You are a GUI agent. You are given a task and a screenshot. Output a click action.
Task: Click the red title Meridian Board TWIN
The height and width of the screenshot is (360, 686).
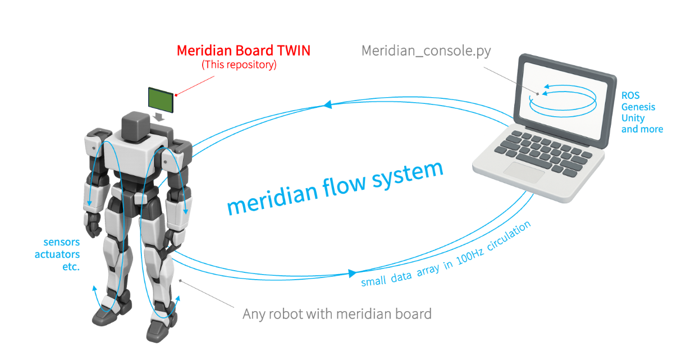point(243,51)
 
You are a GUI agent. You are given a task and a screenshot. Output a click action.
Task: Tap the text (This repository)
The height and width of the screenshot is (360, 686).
point(239,65)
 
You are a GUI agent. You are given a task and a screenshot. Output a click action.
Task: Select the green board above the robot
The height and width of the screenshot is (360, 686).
point(161,98)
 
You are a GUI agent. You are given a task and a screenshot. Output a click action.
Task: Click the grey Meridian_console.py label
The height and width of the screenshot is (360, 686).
point(426,51)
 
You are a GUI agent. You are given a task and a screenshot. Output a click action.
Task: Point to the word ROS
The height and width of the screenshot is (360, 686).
point(630,95)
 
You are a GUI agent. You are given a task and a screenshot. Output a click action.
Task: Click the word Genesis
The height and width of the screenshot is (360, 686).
point(638,107)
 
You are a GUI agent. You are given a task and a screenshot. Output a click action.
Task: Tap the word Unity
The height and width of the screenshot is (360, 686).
point(633,118)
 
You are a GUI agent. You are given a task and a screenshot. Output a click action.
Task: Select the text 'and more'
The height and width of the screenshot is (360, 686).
point(642,129)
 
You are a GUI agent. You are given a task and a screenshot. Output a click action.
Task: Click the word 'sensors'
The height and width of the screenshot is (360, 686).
point(61,243)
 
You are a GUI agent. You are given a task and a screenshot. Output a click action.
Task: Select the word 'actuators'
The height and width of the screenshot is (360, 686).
point(57,254)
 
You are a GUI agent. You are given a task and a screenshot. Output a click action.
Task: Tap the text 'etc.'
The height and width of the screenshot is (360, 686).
point(71,266)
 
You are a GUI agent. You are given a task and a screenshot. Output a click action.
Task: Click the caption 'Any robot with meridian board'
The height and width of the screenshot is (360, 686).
point(337,313)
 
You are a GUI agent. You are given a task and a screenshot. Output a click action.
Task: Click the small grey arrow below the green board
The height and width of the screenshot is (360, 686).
point(159,116)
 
